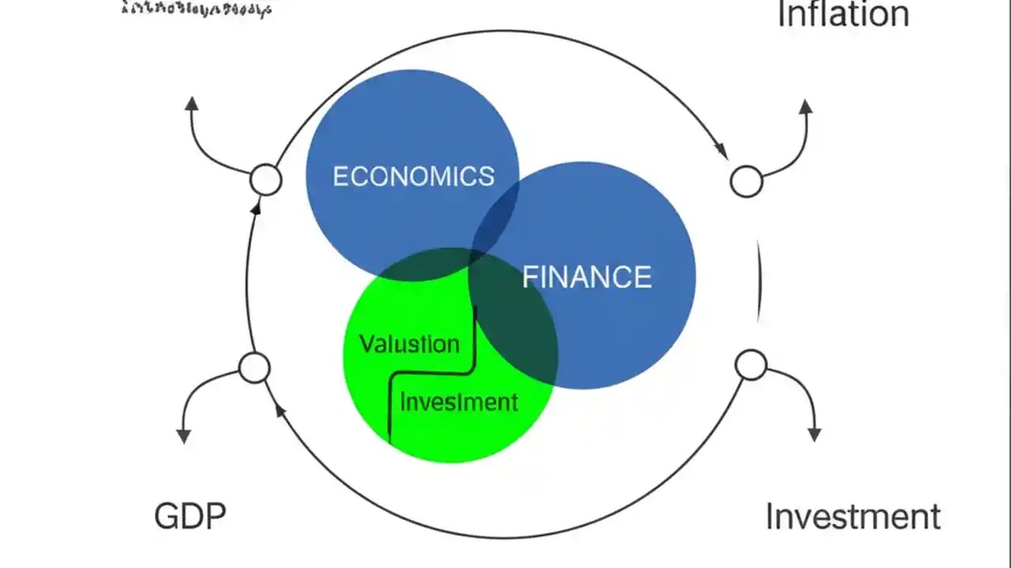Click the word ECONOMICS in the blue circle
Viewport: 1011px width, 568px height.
[413, 176]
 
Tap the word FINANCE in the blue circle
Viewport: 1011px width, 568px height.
[587, 277]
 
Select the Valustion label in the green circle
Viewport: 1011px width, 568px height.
[409, 344]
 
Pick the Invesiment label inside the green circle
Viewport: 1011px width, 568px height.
[459, 402]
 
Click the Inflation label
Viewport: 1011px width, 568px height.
[843, 15]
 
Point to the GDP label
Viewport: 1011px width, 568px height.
[190, 517]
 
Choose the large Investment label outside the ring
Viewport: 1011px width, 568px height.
[853, 517]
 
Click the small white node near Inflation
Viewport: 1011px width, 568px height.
[746, 181]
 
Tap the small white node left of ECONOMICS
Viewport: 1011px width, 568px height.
[265, 180]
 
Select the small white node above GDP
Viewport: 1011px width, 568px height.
[254, 368]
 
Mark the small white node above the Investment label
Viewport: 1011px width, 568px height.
[750, 364]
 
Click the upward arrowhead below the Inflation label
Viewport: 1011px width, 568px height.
[805, 106]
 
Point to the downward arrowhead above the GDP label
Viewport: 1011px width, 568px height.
[183, 435]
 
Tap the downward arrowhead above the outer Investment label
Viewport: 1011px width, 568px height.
[814, 435]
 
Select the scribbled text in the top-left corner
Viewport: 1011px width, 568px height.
[197, 10]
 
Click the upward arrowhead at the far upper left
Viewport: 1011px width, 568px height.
[190, 103]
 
